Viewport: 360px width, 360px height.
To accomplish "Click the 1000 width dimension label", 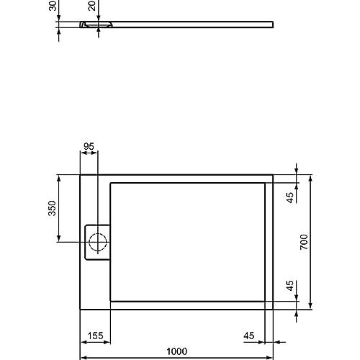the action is tap(176, 351).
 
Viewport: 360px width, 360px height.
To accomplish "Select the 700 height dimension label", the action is tap(304, 242).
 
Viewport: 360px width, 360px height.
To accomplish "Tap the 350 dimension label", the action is tap(52, 208).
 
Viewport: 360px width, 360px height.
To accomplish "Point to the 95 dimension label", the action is tap(89, 146).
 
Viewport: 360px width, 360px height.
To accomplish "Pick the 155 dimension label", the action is tap(96, 336).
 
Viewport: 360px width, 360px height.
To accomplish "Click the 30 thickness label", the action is tap(53, 6).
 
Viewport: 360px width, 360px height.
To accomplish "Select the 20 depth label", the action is tap(92, 6).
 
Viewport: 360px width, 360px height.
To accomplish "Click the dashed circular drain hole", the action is tap(98, 242).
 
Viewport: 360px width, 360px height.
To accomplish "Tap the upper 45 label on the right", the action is tap(290, 197).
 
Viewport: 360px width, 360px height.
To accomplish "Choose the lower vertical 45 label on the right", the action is tap(290, 286).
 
